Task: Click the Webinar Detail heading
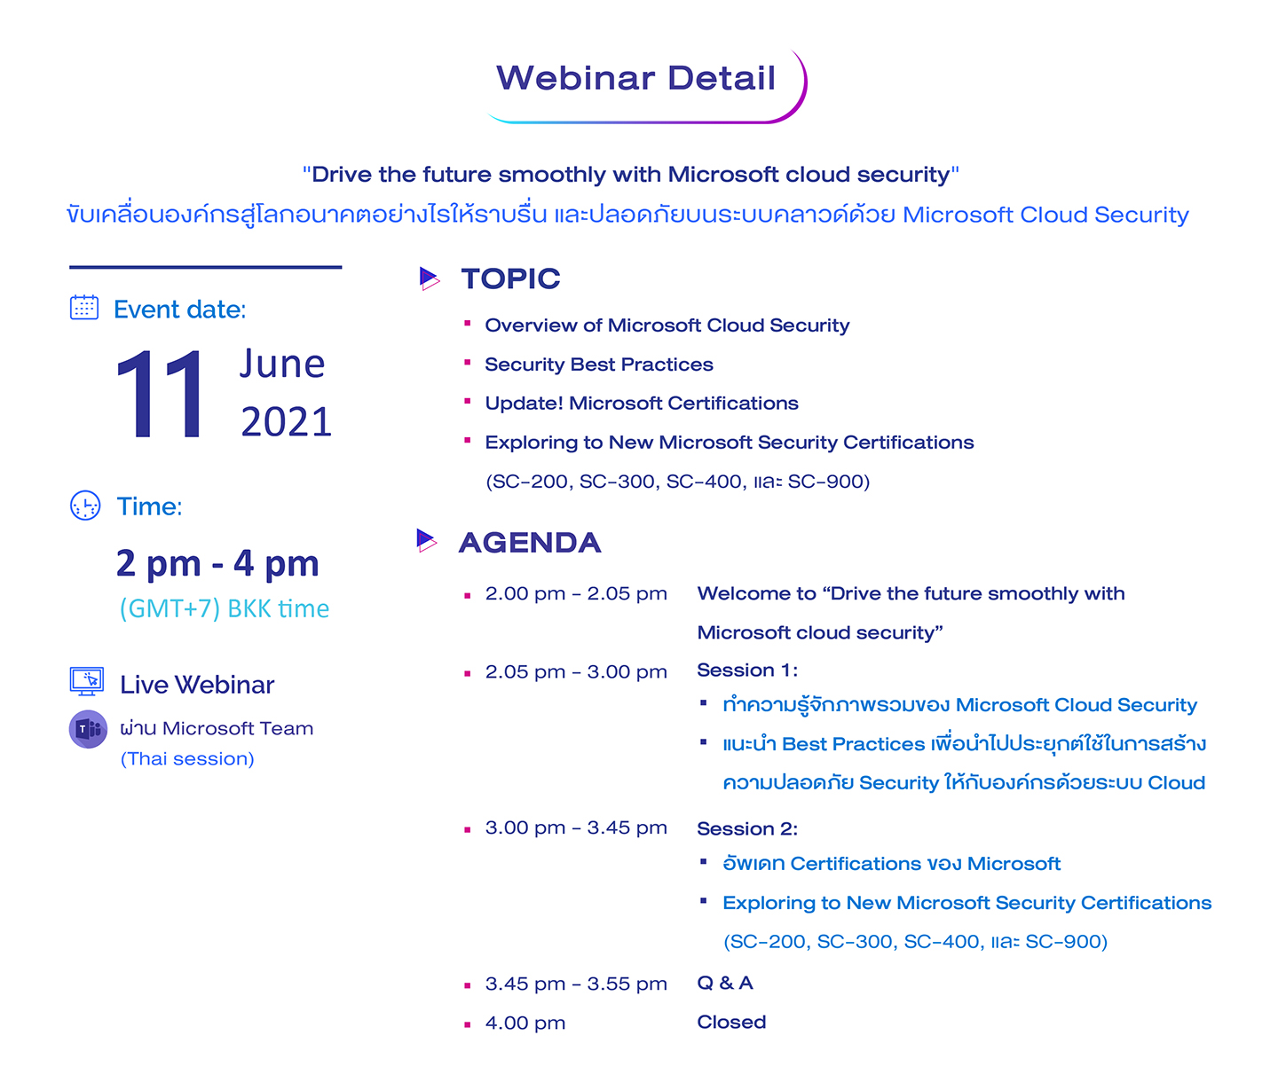[x=635, y=78]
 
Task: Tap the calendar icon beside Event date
[x=84, y=307]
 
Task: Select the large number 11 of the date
[x=160, y=393]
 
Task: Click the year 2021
[x=287, y=422]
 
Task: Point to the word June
[x=282, y=364]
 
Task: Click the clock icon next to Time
[x=85, y=506]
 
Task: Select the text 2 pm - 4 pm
[x=217, y=563]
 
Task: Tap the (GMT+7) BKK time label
[x=225, y=608]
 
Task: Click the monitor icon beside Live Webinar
[x=87, y=681]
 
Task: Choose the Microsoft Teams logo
[x=88, y=729]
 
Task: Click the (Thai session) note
[x=187, y=759]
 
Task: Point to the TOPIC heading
[x=510, y=278]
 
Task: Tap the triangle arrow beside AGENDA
[x=427, y=540]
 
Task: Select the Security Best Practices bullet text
[x=598, y=365]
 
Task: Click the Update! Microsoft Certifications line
[x=641, y=404]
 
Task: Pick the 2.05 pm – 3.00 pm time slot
[x=576, y=671]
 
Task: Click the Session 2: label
[x=747, y=828]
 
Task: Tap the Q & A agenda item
[x=724, y=983]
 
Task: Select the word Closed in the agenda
[x=731, y=1022]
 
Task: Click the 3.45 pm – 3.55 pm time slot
[x=576, y=984]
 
